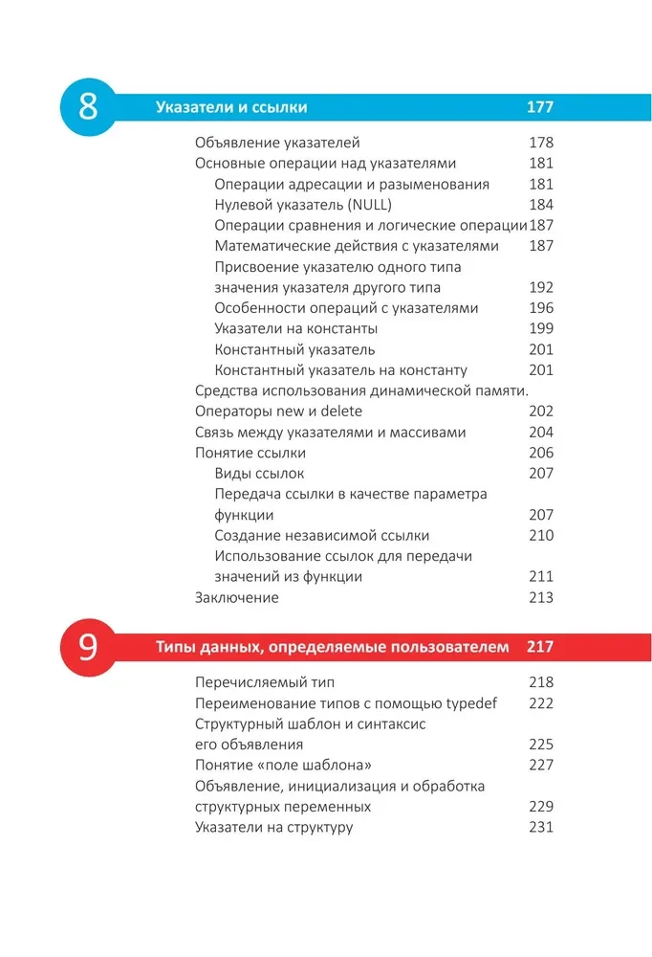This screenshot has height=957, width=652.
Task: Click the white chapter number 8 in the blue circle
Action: [87, 106]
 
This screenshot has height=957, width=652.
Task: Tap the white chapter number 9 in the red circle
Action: [87, 647]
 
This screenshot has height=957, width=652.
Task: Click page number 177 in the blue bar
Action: [540, 107]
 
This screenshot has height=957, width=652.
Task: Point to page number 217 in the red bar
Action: [540, 648]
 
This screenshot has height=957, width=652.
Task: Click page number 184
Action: [541, 205]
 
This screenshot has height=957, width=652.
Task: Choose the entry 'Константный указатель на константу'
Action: [340, 370]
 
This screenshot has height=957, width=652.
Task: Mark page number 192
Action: [541, 287]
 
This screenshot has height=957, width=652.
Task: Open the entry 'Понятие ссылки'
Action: [250, 453]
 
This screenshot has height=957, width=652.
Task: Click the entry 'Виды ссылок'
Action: [260, 474]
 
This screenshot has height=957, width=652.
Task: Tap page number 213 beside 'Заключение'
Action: [541, 598]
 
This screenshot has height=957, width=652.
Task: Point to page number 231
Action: [541, 827]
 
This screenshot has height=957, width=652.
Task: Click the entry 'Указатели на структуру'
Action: [273, 827]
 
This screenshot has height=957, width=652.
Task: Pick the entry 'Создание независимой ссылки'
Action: [322, 536]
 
